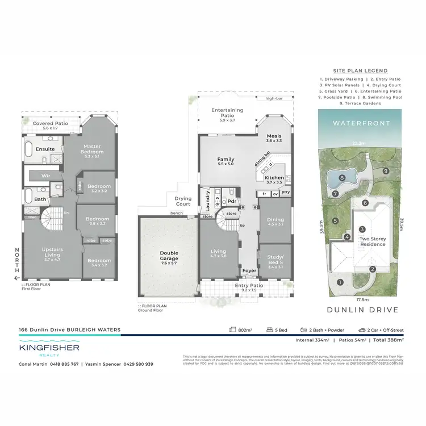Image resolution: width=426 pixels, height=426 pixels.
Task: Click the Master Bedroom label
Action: pos(93,149)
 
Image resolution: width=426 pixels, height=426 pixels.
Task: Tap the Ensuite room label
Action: pos(45,149)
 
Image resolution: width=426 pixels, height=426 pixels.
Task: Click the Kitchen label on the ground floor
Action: pos(274,178)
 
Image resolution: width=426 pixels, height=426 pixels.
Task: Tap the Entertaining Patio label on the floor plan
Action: pos(227,113)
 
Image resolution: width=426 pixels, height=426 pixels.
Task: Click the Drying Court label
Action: pos(182,201)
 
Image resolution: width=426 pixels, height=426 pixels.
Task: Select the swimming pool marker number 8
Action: pos(342,178)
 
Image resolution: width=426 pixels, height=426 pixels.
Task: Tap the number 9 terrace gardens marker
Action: pos(385,171)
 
